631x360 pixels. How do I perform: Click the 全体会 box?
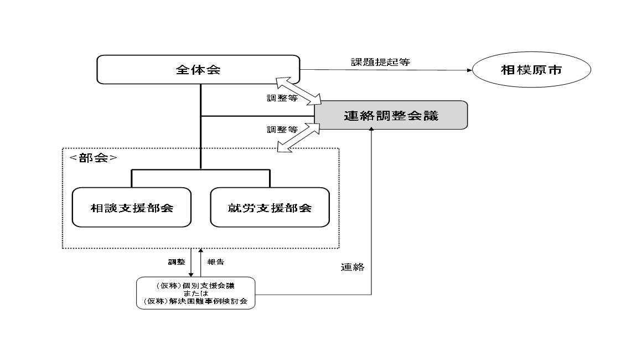point(198,70)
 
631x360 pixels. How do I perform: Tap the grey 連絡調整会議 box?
point(391,115)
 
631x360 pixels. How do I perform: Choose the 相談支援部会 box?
point(132,208)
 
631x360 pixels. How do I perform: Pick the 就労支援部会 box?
point(270,208)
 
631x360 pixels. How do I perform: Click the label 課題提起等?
point(380,62)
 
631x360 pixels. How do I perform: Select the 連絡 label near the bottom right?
point(352,268)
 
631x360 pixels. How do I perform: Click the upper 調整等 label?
point(282,99)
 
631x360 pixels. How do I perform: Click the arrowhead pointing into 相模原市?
point(468,70)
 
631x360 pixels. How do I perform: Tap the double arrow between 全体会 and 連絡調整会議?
point(299,91)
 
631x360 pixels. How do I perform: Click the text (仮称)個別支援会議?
point(195,286)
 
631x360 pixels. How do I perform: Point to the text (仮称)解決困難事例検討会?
point(195,302)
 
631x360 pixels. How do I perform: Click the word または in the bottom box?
point(195,294)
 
